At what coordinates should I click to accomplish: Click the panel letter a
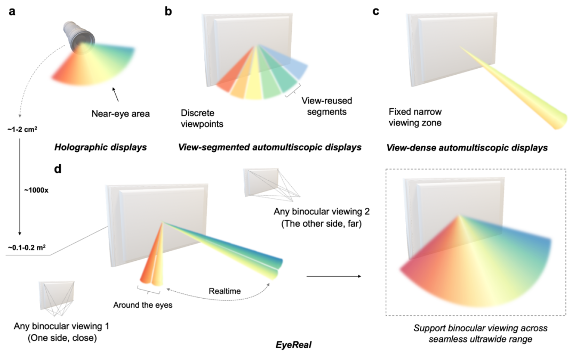(12, 11)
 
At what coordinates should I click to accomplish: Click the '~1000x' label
(35, 189)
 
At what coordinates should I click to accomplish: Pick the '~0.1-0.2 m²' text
(27, 247)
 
